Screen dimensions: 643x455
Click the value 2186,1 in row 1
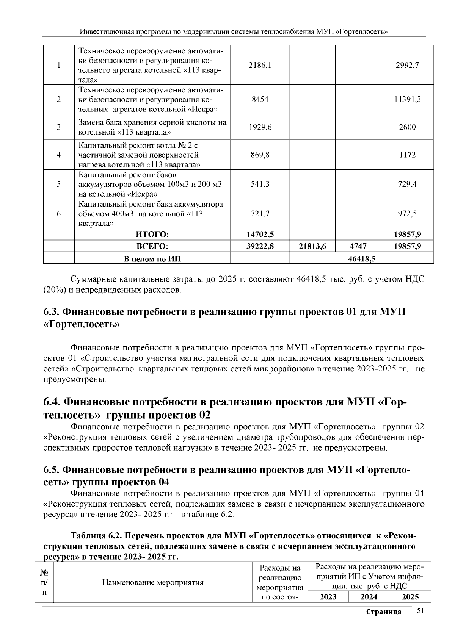(x=260, y=65)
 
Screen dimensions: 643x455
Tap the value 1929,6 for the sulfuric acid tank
(x=260, y=127)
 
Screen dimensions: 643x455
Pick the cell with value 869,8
(x=260, y=155)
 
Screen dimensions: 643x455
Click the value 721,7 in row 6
(x=260, y=214)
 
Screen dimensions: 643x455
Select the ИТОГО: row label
(x=152, y=234)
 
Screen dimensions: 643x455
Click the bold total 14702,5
(x=260, y=234)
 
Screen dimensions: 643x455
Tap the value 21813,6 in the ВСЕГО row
(x=312, y=246)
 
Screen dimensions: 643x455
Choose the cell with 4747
(x=358, y=246)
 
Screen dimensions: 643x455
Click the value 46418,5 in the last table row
(x=361, y=259)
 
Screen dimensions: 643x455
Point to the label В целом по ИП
(x=152, y=259)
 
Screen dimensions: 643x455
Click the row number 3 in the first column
(x=59, y=127)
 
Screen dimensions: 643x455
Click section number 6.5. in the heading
(x=50, y=470)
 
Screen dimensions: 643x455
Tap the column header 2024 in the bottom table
(x=369, y=597)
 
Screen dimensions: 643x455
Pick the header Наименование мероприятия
(x=153, y=582)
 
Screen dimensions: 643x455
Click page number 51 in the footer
(x=420, y=610)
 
